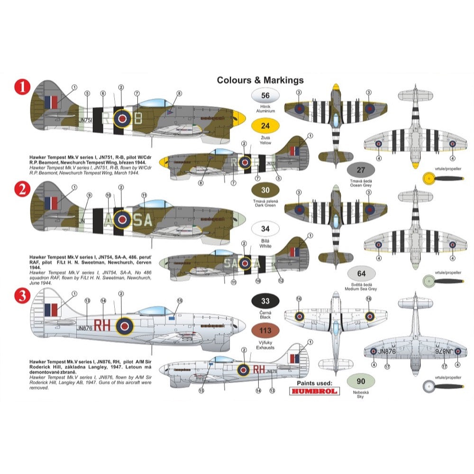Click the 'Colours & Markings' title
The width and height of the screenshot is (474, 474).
point(260,80)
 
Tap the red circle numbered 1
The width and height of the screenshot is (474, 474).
point(22,88)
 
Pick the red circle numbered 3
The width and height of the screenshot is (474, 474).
point(22,297)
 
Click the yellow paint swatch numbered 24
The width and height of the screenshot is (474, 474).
point(265,126)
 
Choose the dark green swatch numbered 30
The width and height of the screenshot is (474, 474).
point(265,191)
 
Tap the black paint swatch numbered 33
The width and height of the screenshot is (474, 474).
point(265,301)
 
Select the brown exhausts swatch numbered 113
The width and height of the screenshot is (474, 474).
point(265,331)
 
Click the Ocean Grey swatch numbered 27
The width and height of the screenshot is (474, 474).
point(361,170)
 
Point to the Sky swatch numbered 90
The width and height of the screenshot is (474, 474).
point(361,382)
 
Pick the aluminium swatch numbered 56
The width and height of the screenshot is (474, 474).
point(265,96)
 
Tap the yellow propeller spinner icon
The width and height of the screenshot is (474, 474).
point(429,179)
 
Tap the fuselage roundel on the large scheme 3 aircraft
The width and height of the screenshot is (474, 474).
point(125,325)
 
